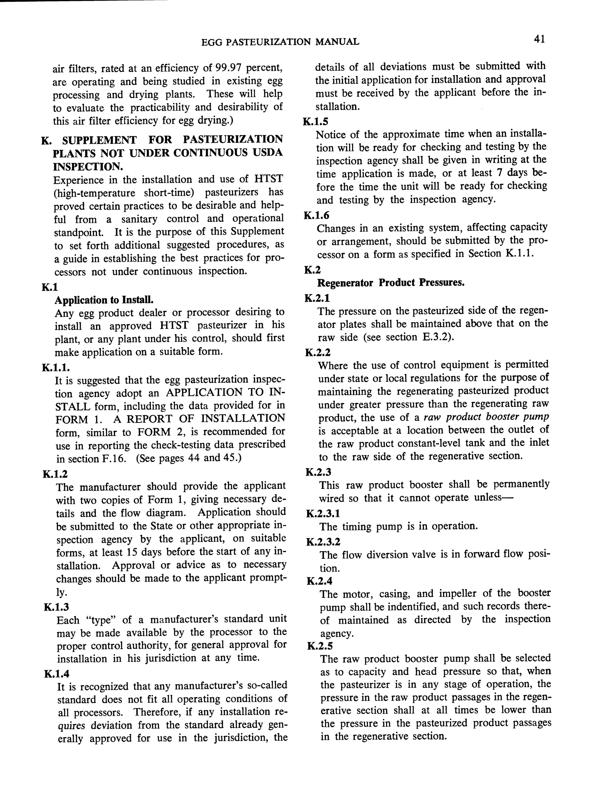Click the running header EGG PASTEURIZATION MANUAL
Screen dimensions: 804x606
[280, 42]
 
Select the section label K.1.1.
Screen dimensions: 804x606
[56, 368]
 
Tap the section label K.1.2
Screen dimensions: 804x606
[55, 474]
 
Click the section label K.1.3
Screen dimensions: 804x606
[56, 607]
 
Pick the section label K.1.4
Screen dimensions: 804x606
[57, 674]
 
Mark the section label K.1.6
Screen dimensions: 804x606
[317, 216]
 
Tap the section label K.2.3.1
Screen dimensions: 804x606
[323, 514]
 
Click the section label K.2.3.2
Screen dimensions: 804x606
[323, 542]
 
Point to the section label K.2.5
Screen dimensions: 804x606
[320, 646]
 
